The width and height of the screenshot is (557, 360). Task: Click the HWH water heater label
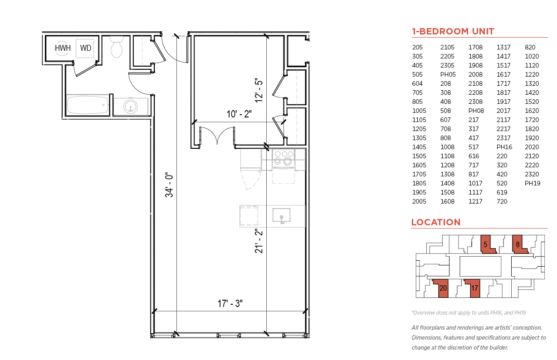point(63,48)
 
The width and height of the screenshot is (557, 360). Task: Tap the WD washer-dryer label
point(86,48)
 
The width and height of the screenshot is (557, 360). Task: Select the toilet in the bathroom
point(117,47)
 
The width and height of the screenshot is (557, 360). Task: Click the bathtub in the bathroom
point(88,105)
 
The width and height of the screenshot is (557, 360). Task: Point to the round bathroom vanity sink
point(130,107)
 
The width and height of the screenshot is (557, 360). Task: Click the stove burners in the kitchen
point(283,159)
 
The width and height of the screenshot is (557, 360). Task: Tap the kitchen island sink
point(282,215)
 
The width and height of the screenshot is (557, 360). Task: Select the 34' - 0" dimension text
point(169,185)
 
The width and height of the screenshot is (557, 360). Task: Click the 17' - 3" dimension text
point(230,303)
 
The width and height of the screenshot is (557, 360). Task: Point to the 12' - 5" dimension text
point(259,90)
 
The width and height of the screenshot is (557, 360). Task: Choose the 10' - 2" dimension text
point(239,114)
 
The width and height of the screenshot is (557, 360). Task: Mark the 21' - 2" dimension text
point(259,241)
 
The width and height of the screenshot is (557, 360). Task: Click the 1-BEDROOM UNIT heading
point(453,31)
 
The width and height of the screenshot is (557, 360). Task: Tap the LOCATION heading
point(435,222)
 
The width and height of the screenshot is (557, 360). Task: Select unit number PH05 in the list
point(448,74)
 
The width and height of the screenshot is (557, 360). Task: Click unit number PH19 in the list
point(533,183)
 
